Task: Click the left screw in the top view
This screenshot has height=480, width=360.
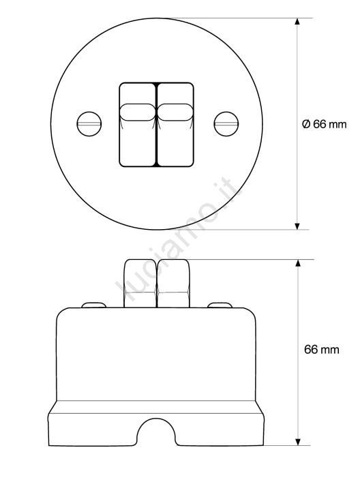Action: point(89,123)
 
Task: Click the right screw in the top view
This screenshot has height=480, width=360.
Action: point(226,123)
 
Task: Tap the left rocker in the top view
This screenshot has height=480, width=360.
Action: point(138,125)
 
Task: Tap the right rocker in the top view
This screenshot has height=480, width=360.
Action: point(175,125)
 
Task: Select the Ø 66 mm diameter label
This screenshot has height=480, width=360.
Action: point(324,124)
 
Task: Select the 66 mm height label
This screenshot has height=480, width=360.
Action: point(322,350)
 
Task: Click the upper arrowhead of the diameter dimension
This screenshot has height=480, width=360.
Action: point(297,21)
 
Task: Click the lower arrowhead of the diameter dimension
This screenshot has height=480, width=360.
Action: point(297,226)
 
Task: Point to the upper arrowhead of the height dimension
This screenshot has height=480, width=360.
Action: point(297,263)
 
